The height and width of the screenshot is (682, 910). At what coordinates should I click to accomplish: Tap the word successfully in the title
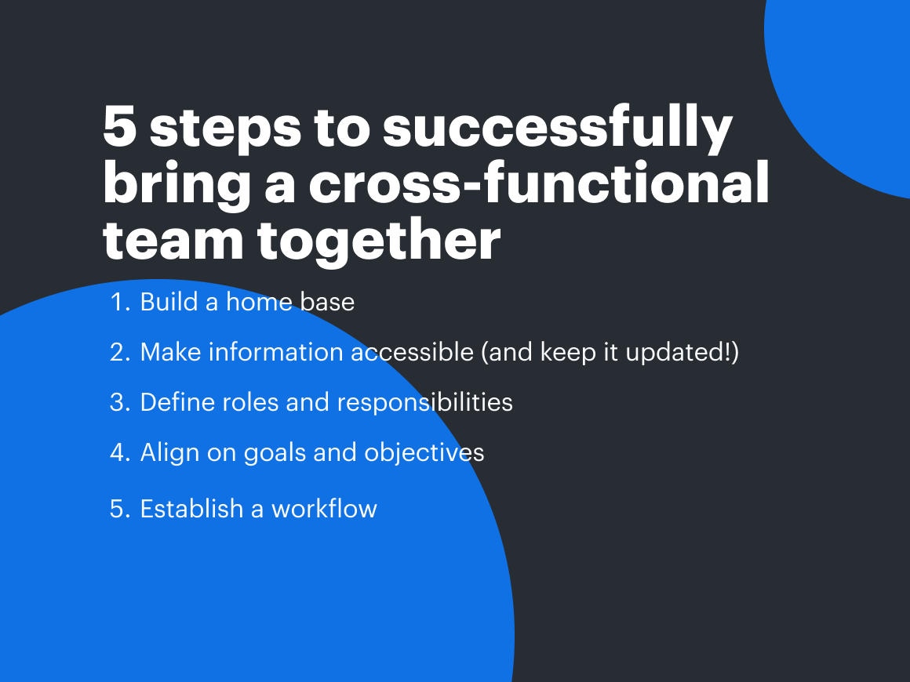click(x=558, y=129)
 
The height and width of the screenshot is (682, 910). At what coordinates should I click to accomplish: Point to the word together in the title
click(x=380, y=241)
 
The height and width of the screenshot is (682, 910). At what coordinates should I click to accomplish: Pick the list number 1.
click(x=119, y=302)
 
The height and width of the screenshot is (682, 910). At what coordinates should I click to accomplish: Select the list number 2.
click(x=119, y=352)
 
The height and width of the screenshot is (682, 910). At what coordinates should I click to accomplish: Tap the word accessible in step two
click(x=412, y=352)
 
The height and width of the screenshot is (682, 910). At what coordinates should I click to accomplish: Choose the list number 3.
click(x=119, y=402)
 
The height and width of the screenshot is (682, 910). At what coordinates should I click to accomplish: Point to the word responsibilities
click(x=424, y=403)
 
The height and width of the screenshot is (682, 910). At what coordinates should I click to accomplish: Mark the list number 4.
click(x=119, y=452)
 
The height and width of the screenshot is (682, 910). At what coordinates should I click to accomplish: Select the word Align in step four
click(x=167, y=453)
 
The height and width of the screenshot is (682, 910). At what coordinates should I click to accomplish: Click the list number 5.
click(x=119, y=509)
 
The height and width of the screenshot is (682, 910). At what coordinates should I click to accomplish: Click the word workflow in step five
click(x=324, y=509)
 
